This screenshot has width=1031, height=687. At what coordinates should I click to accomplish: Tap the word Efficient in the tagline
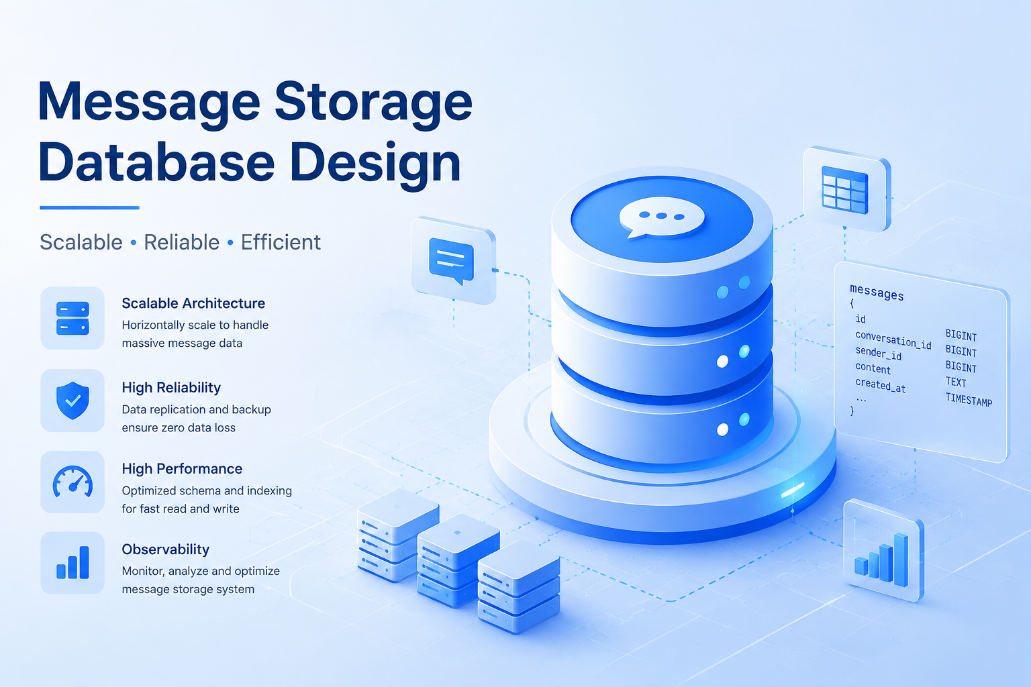click(281, 242)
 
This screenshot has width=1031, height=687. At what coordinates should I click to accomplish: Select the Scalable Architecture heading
click(193, 303)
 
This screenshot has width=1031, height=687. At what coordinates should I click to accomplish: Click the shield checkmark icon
click(72, 401)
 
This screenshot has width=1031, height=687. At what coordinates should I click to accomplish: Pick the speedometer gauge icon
click(72, 482)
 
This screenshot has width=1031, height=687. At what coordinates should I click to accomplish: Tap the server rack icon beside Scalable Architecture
click(72, 319)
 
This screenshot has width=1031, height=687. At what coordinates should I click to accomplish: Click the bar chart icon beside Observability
click(72, 562)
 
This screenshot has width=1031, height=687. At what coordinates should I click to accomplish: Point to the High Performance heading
click(182, 468)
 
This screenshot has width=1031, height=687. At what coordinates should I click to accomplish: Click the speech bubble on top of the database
click(661, 217)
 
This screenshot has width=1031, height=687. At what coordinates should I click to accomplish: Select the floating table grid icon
click(845, 190)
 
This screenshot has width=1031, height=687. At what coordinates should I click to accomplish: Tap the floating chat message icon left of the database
click(452, 260)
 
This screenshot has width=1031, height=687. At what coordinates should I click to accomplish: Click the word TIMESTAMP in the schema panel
click(969, 399)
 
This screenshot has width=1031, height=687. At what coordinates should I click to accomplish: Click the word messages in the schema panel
click(877, 292)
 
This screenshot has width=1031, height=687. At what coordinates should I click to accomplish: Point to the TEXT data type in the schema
click(956, 382)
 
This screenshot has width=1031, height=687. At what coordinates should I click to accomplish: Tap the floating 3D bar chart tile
click(883, 550)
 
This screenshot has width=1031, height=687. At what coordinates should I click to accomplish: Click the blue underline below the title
click(90, 208)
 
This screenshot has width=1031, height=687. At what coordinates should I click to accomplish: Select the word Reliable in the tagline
click(181, 242)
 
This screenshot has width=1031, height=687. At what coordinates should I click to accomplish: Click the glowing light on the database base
click(793, 490)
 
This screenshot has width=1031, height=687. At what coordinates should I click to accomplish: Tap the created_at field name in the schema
click(880, 386)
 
